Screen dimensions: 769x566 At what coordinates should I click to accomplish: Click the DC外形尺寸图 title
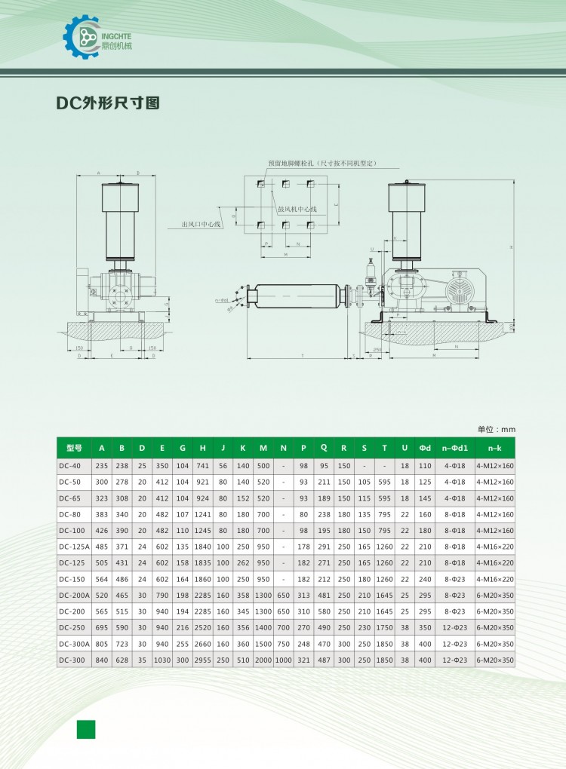[109, 103]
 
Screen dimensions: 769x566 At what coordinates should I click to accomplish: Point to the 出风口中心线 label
[201, 224]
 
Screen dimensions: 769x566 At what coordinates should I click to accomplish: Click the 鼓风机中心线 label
[297, 209]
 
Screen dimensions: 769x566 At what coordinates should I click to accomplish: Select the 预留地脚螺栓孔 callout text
[322, 163]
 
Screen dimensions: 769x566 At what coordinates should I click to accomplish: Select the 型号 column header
[73, 448]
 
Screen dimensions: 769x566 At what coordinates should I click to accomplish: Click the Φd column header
[425, 448]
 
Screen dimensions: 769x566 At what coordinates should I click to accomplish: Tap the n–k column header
[495, 448]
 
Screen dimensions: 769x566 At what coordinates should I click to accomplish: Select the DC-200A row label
[73, 595]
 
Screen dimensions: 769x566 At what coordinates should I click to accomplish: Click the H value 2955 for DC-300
[202, 660]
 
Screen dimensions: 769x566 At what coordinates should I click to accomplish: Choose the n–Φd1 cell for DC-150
[455, 579]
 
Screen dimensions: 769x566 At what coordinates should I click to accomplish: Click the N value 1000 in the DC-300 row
[283, 660]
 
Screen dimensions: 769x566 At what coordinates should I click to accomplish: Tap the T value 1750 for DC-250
[384, 627]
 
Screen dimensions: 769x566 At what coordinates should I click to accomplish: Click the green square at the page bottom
[86, 729]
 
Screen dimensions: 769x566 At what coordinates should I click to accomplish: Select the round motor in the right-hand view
[460, 290]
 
